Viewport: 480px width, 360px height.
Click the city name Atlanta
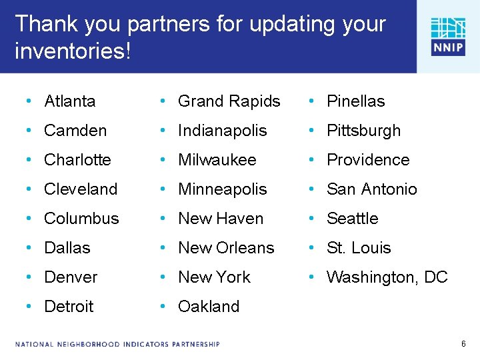coord(70,101)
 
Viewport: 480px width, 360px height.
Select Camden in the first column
coord(75,131)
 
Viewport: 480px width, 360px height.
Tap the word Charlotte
coord(77,160)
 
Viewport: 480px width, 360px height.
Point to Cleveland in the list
coord(81,189)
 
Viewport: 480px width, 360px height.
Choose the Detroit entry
coord(69,307)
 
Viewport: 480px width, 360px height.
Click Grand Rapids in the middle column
coord(229,101)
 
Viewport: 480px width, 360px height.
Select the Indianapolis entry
coord(223,131)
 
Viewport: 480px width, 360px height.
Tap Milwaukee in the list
coord(217,160)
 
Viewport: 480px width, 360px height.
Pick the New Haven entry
coord(221,219)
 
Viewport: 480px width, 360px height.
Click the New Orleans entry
coord(226,248)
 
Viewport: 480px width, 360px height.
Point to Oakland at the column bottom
coord(209,307)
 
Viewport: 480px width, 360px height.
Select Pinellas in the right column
coord(356,101)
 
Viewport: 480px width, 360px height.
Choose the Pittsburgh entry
coord(364,131)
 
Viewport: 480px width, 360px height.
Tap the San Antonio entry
coord(372,189)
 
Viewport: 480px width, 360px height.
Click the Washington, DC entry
coord(387,277)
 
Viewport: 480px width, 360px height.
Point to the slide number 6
coord(463,344)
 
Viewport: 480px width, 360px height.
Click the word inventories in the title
coord(69,51)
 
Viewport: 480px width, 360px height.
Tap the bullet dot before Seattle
coord(312,219)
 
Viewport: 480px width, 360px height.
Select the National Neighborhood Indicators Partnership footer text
coord(117,344)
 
